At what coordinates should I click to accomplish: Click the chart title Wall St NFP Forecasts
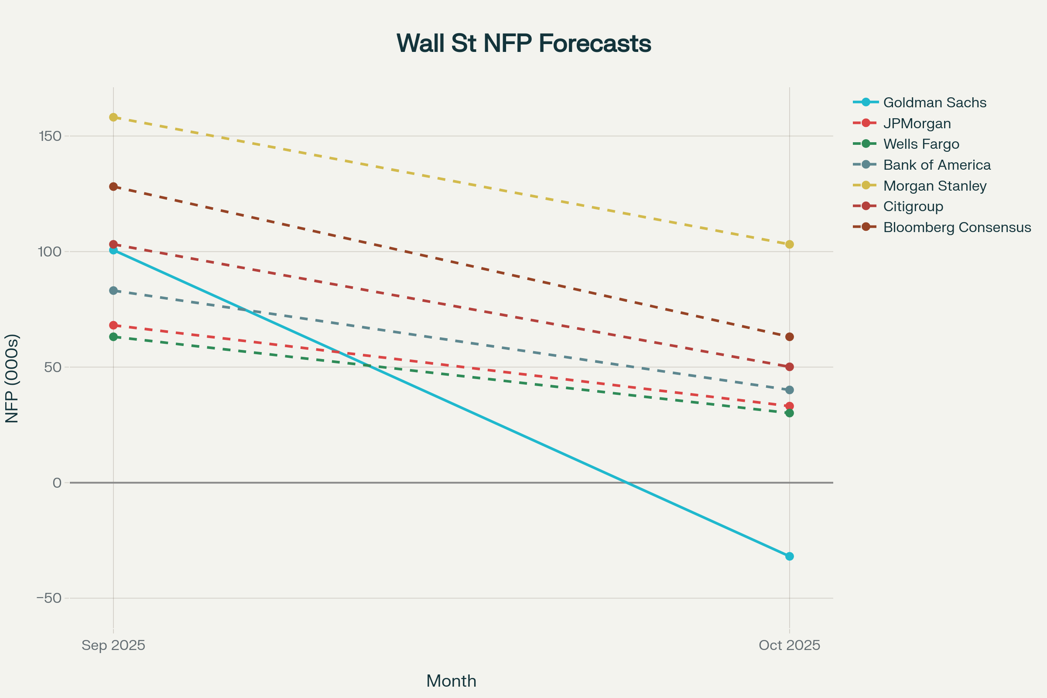pyautogui.click(x=523, y=44)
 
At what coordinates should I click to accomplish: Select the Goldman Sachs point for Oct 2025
pyautogui.click(x=789, y=557)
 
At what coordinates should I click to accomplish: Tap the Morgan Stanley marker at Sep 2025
pyautogui.click(x=113, y=117)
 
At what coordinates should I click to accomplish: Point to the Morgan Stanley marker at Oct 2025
pyautogui.click(x=789, y=244)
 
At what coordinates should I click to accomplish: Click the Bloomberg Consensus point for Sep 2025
pyautogui.click(x=113, y=187)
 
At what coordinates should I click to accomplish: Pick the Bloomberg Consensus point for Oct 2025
pyautogui.click(x=789, y=337)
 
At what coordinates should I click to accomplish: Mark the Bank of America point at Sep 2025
pyautogui.click(x=113, y=291)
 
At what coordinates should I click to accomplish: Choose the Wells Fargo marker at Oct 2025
pyautogui.click(x=789, y=413)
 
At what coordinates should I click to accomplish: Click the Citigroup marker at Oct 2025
pyautogui.click(x=789, y=367)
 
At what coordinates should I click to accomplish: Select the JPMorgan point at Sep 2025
pyautogui.click(x=113, y=325)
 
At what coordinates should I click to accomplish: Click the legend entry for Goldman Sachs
pyautogui.click(x=920, y=103)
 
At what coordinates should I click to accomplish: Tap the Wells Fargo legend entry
pyautogui.click(x=906, y=144)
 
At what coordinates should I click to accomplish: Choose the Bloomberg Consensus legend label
pyautogui.click(x=957, y=227)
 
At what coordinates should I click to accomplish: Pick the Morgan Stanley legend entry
pyautogui.click(x=920, y=186)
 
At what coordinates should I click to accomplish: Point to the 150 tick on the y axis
pyautogui.click(x=50, y=136)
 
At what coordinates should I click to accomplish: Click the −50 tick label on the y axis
pyautogui.click(x=49, y=598)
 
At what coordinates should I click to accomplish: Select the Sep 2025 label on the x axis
pyautogui.click(x=113, y=645)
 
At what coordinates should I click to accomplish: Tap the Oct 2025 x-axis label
pyautogui.click(x=789, y=645)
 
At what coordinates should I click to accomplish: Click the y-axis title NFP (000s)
pyautogui.click(x=12, y=378)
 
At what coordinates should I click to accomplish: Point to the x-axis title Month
pyautogui.click(x=452, y=681)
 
